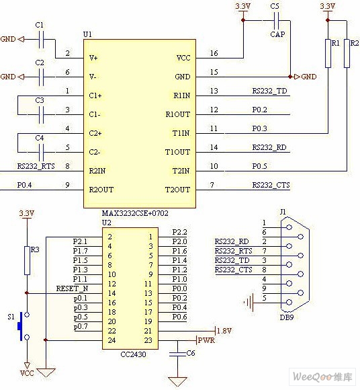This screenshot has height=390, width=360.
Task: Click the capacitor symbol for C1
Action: (41, 39)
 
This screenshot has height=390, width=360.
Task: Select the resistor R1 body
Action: (328, 53)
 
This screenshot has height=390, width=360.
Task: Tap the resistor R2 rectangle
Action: (347, 53)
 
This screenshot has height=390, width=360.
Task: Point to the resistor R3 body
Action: (27, 260)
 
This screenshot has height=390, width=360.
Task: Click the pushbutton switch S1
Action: (23, 326)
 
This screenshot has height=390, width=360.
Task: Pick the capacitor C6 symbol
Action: (177, 354)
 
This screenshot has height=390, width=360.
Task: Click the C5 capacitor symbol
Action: (276, 20)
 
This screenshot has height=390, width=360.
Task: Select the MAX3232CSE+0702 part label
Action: (135, 213)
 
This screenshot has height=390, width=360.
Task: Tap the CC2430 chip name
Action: (133, 354)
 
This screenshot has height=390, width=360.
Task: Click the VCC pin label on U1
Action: (183, 58)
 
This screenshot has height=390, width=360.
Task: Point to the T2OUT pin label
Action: (177, 190)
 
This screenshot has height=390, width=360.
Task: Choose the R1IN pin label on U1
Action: (182, 95)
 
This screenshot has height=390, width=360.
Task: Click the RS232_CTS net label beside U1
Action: (271, 185)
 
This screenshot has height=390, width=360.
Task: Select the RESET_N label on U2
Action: (72, 288)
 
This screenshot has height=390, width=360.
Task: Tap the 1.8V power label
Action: (224, 331)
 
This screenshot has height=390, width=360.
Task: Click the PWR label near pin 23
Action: (206, 340)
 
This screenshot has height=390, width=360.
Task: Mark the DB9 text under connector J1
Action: (287, 317)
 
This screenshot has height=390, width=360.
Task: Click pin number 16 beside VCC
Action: (214, 53)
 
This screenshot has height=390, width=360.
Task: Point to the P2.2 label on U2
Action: (179, 232)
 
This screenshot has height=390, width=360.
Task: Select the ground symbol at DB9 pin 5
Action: (249, 303)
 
